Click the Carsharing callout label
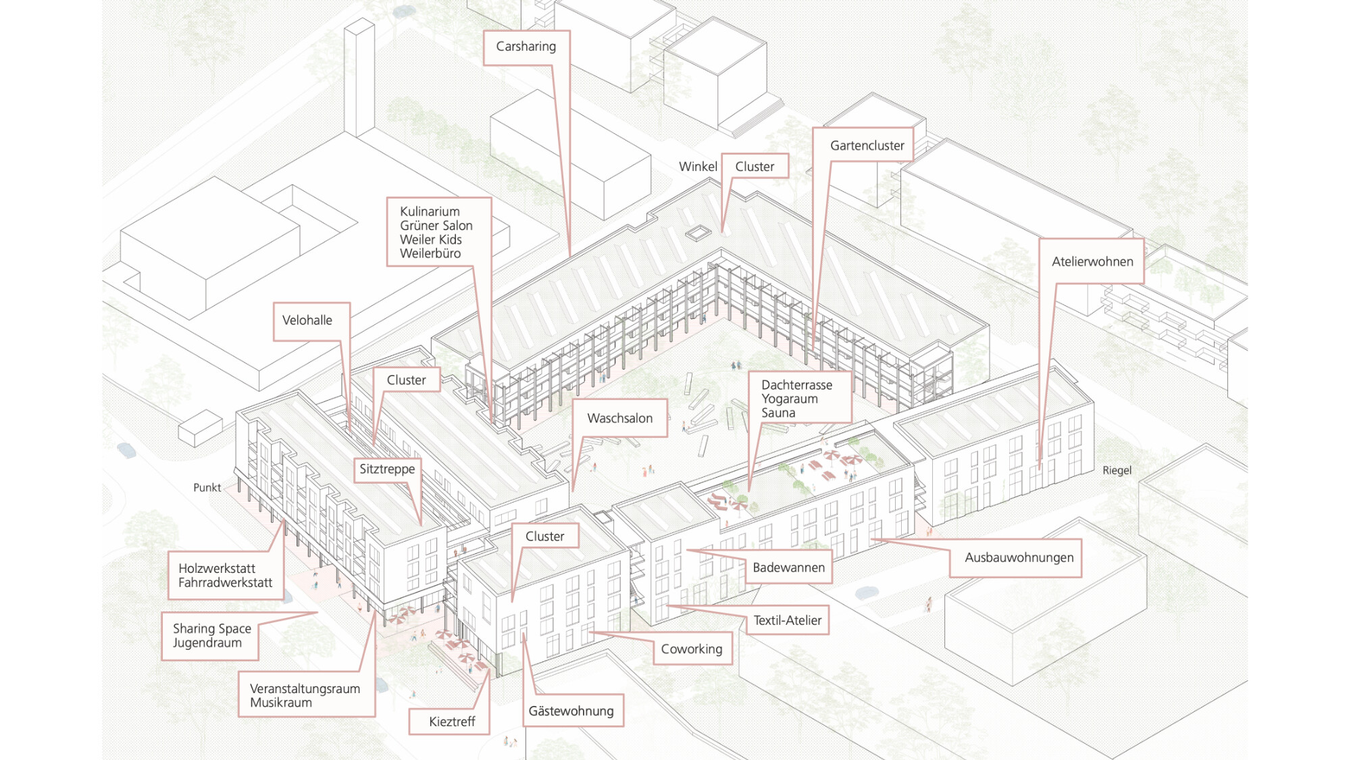(x=526, y=47)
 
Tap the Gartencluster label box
(x=867, y=145)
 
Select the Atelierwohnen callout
(x=1092, y=261)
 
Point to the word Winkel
(x=698, y=167)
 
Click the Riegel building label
(x=1117, y=470)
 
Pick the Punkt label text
(x=207, y=488)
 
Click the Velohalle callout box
(x=307, y=320)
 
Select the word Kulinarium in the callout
(x=430, y=211)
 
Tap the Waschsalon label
(x=619, y=418)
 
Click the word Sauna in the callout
(x=778, y=413)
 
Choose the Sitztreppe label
(x=387, y=469)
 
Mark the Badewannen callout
(x=788, y=567)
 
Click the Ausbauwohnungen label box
(x=1019, y=557)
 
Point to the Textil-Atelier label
(x=788, y=620)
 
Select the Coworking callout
(x=691, y=649)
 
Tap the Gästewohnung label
(x=571, y=711)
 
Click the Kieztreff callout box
(x=452, y=721)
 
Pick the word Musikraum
(x=281, y=703)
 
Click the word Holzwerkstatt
(x=217, y=568)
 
